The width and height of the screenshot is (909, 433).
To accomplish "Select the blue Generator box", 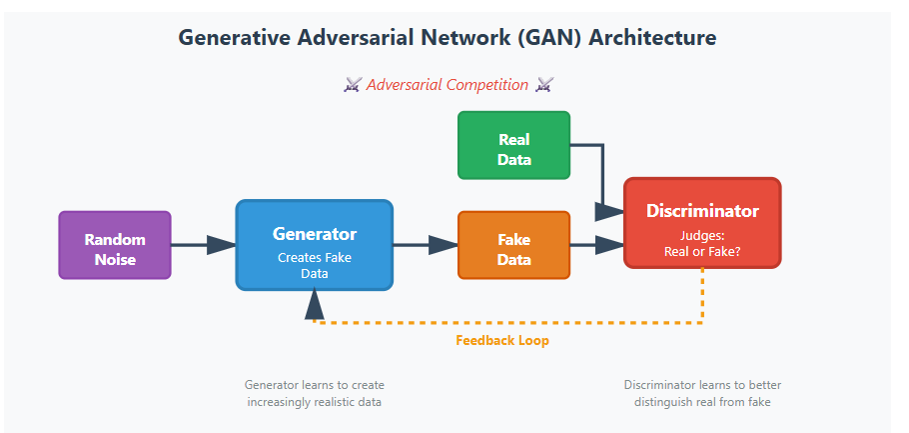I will click(315, 245).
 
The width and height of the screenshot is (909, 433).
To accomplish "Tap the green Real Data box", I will click(513, 146).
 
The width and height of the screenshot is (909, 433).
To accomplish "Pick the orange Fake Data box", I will click(513, 245).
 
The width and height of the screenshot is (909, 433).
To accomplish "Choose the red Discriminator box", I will click(702, 223).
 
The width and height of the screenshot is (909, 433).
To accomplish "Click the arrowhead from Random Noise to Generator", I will click(222, 245).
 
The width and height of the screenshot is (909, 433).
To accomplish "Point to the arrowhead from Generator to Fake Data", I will click(445, 245).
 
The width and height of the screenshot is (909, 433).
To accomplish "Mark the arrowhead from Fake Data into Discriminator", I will click(609, 245).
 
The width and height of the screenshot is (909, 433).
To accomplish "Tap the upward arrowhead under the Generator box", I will click(315, 301).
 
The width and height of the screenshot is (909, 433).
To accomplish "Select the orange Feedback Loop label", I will click(502, 340).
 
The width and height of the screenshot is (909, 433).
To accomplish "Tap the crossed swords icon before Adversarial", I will click(352, 85).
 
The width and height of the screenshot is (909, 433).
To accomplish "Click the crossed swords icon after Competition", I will click(544, 85).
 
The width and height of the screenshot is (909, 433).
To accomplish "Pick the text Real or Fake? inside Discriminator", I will click(702, 251).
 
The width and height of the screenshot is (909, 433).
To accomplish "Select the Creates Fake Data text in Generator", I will click(315, 265).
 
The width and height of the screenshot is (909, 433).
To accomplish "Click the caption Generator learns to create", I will click(315, 385).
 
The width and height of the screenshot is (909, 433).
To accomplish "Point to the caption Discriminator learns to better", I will click(702, 385).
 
